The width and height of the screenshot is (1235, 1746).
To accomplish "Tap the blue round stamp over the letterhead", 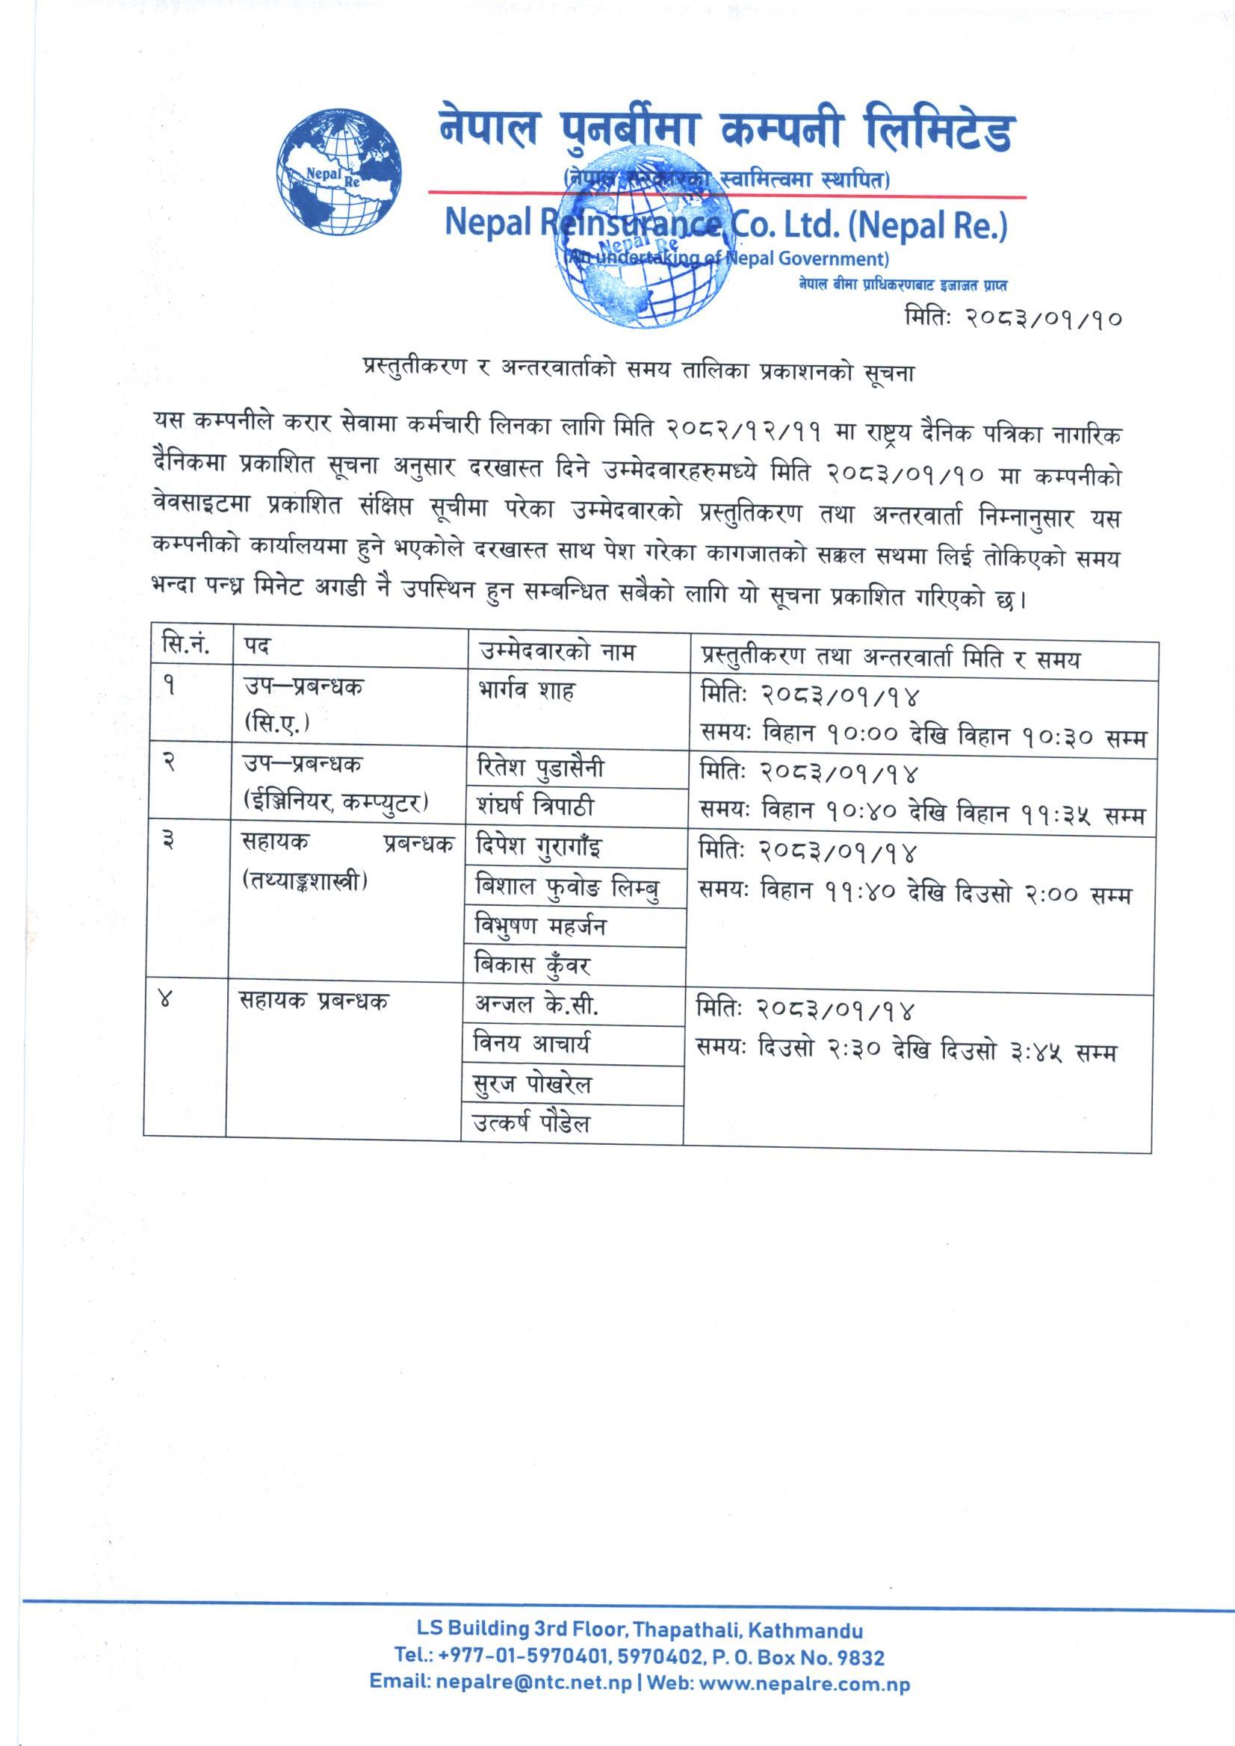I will [x=643, y=236].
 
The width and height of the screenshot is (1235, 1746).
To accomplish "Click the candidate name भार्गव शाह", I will [x=525, y=692].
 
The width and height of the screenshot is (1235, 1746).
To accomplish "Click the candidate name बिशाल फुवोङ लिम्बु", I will [x=567, y=886].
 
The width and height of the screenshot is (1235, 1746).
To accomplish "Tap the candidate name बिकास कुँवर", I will [x=533, y=966].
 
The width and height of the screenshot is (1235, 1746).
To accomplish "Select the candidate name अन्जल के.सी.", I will [x=536, y=1006].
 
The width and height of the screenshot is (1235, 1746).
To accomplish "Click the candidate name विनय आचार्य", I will [x=531, y=1045].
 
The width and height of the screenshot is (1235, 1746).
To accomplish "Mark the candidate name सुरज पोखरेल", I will [x=532, y=1084].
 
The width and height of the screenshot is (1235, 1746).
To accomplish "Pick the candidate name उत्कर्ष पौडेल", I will [x=531, y=1124].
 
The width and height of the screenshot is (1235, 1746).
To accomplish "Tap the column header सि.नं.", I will [x=186, y=647].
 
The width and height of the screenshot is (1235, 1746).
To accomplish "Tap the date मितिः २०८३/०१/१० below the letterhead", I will [x=1013, y=318].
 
